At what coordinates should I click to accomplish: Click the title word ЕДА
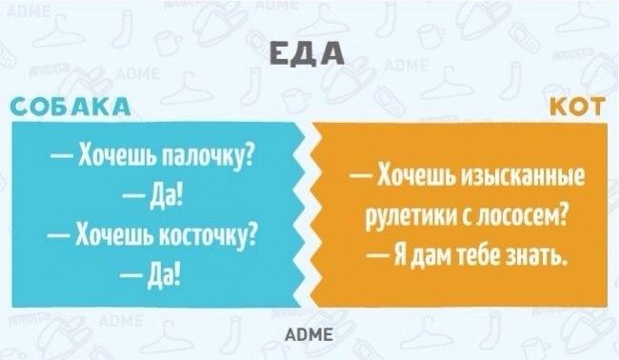click(307, 53)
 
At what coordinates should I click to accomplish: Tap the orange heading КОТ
click(578, 107)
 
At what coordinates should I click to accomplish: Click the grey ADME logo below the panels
click(309, 334)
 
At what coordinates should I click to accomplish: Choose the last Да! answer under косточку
click(166, 275)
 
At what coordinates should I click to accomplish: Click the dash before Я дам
click(378, 256)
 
